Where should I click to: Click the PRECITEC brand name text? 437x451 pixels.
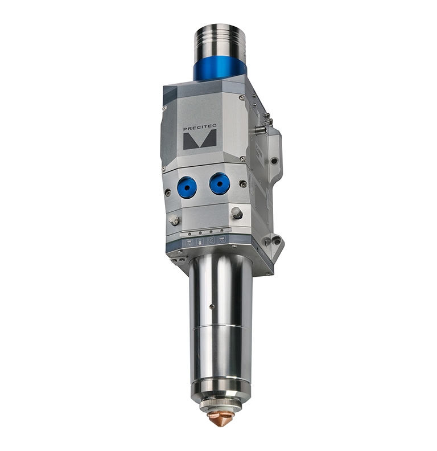[x=199, y=129]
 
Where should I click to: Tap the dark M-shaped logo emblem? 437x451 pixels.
[x=200, y=140]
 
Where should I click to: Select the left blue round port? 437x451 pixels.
[x=187, y=186]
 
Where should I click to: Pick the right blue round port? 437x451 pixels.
[x=219, y=183]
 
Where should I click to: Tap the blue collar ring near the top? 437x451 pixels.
[x=220, y=71]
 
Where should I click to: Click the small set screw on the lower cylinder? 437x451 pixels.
[x=212, y=306]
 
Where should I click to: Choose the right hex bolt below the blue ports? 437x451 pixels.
[x=237, y=214]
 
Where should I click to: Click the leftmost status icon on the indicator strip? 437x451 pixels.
[x=189, y=243]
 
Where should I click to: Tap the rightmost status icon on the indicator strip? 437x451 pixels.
[x=222, y=240]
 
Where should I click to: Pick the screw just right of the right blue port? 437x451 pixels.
[x=243, y=183]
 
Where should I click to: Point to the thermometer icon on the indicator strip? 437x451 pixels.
[x=200, y=241]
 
